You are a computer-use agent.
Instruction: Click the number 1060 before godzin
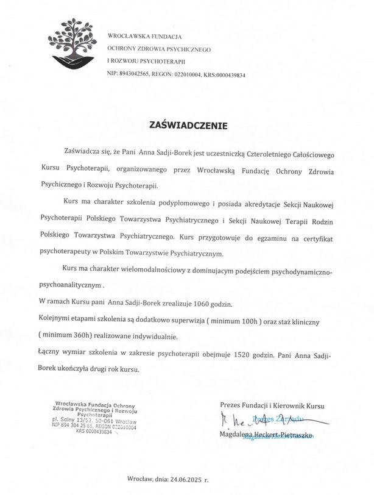[x=224, y=302]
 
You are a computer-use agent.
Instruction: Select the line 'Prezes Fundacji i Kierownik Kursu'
[x=273, y=405]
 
